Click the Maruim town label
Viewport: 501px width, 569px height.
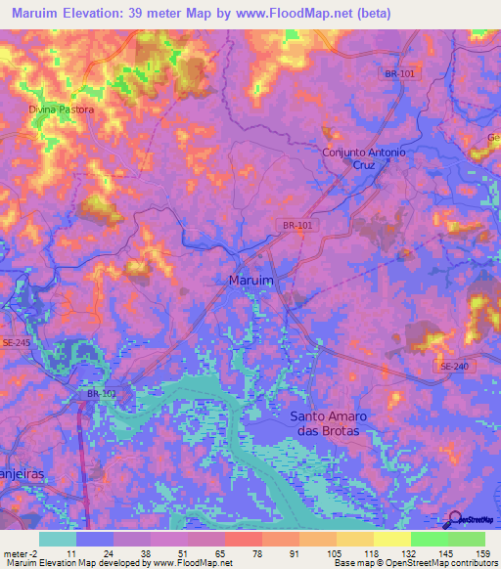point(250,280)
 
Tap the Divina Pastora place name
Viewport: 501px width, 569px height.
point(62,109)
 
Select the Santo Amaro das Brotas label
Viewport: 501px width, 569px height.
point(326,423)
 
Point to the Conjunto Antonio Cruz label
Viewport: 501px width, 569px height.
point(364,159)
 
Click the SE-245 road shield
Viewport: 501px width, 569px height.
point(17,342)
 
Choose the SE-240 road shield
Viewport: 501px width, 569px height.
point(452,365)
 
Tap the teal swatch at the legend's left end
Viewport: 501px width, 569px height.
point(58,539)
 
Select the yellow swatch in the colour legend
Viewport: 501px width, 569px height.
point(391,539)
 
